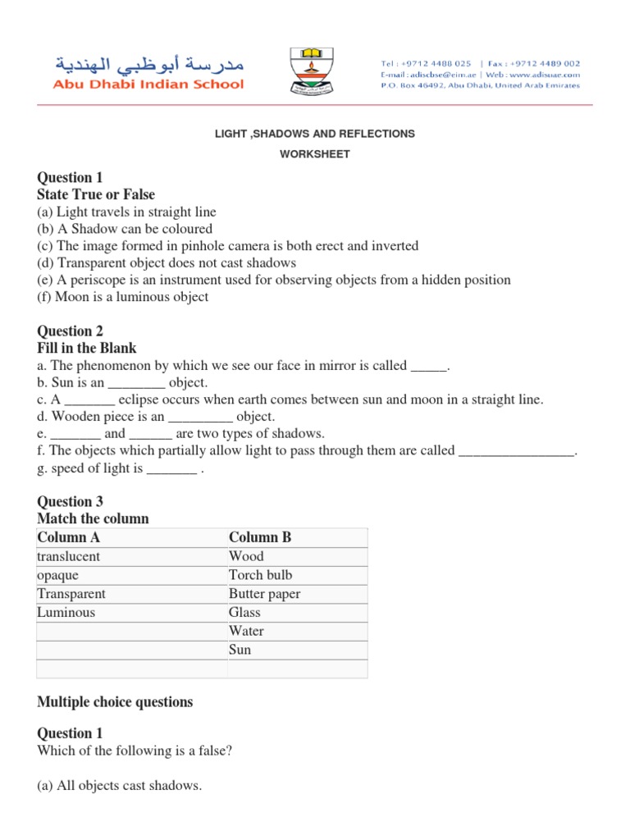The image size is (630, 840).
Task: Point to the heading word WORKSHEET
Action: (x=315, y=154)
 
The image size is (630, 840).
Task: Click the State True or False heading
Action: (x=96, y=194)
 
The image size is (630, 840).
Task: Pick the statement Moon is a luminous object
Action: (x=123, y=297)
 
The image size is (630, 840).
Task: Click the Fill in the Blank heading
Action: (x=87, y=348)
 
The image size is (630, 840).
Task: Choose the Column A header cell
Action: (x=69, y=537)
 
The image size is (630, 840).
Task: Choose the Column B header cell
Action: (x=260, y=537)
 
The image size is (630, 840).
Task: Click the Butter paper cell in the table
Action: (x=264, y=594)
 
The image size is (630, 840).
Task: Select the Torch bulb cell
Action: (x=260, y=575)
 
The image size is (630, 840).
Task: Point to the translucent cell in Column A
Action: (x=69, y=556)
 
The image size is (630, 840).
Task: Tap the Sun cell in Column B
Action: (x=240, y=650)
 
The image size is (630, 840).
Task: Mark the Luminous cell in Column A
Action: (x=66, y=613)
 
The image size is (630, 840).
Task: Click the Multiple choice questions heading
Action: (x=115, y=701)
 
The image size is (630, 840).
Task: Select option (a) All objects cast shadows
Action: (x=119, y=786)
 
